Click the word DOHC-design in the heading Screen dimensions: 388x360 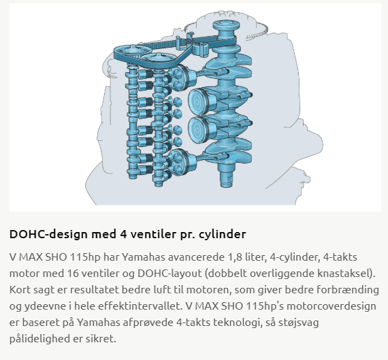click(x=48, y=234)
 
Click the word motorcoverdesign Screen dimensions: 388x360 click(x=332, y=306)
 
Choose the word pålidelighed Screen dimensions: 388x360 click(x=39, y=339)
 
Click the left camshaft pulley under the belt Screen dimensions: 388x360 click(x=133, y=50)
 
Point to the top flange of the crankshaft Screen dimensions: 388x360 click(x=226, y=25)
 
